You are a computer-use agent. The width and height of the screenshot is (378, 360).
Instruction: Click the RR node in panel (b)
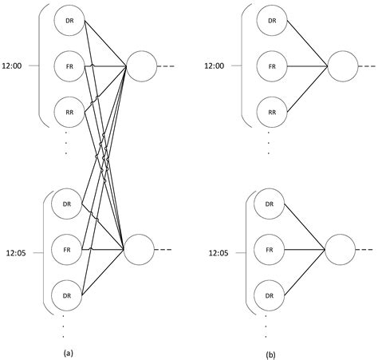coord(271,112)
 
